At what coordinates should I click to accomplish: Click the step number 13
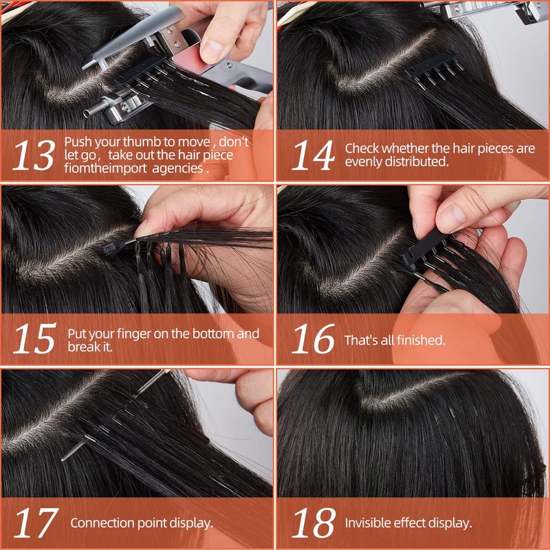(34, 155)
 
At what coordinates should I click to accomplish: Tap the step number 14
(313, 155)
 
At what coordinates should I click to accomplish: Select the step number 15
(34, 338)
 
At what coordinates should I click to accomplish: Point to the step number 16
(313, 338)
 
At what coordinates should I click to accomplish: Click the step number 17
(36, 522)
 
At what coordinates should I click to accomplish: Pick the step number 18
(313, 522)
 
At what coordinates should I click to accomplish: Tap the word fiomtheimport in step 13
(105, 168)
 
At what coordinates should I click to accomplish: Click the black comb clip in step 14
(434, 69)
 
